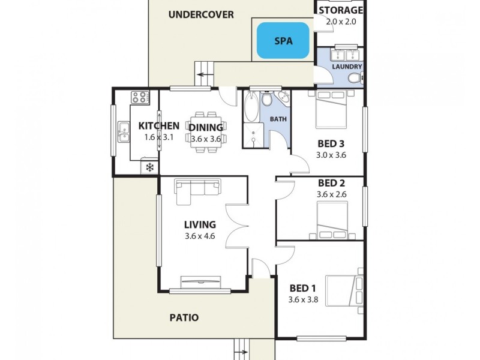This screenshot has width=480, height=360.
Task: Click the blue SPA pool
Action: coord(283,41)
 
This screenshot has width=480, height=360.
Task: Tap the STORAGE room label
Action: coord(340,10)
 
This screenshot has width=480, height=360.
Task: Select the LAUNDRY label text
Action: coord(347,67)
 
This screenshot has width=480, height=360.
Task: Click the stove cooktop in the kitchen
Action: coord(140,97)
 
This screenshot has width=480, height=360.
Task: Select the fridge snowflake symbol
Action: coord(149,167)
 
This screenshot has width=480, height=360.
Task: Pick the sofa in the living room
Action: coord(197,187)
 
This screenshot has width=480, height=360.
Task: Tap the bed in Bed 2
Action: coord(332,220)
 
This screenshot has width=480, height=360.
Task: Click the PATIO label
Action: coord(184,317)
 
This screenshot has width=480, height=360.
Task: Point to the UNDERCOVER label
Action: coord(200,14)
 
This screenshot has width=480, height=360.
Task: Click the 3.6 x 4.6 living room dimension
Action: coord(200,236)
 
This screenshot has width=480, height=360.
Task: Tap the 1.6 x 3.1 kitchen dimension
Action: coord(158,137)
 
